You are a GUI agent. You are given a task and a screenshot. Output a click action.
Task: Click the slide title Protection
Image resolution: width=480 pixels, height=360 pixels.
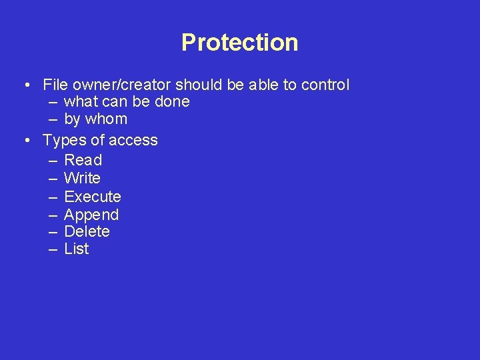239,43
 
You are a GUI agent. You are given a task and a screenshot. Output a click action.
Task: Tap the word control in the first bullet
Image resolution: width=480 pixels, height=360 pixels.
325,85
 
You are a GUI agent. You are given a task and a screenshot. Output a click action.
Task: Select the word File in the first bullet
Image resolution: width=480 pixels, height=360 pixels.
54,85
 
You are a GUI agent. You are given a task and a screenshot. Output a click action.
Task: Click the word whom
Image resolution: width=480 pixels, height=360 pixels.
107,119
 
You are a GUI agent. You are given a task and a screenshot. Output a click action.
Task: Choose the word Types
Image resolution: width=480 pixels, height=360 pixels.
63,140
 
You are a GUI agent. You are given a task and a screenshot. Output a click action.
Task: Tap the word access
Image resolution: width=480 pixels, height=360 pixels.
133,140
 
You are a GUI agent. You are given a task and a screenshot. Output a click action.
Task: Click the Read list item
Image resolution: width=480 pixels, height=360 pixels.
83,160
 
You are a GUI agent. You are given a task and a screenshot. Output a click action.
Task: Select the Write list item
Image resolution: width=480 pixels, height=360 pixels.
82,178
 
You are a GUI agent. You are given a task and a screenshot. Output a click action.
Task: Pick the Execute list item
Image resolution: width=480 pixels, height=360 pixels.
92,197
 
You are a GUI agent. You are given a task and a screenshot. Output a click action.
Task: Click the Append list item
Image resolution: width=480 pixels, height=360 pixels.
91,215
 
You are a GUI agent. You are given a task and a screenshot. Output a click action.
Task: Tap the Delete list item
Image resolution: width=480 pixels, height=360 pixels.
87,232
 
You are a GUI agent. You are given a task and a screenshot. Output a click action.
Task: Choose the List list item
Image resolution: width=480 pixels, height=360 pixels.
76,249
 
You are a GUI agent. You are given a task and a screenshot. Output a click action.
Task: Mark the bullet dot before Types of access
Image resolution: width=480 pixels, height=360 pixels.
25,141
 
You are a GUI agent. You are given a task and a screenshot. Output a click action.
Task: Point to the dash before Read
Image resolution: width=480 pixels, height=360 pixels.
53,161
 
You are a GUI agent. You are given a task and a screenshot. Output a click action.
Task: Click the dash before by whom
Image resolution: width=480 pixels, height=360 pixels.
53,120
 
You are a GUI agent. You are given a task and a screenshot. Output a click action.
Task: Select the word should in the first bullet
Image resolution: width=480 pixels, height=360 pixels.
195,85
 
